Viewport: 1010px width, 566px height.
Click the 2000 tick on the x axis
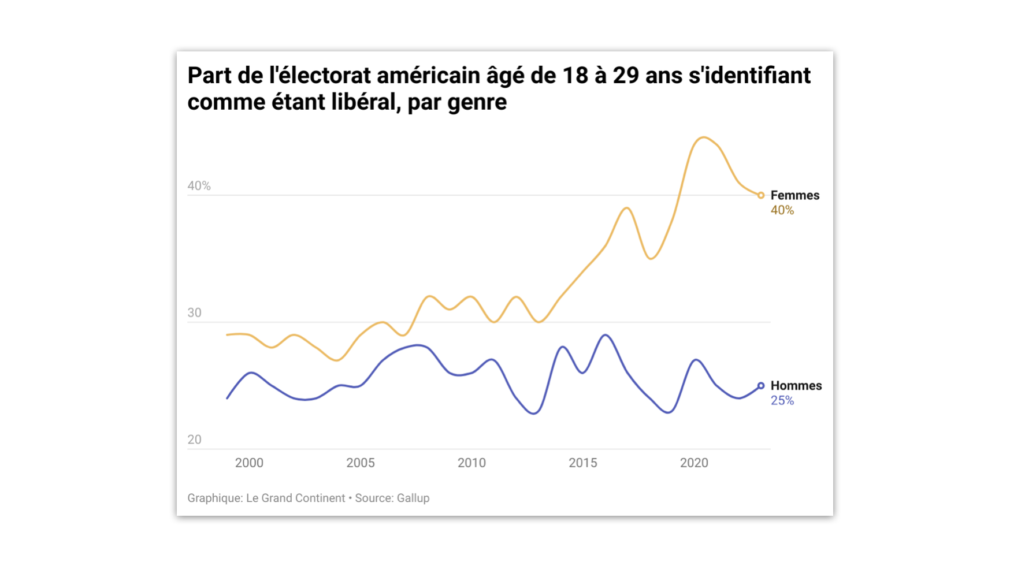(249, 463)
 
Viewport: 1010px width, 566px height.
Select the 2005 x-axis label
(360, 463)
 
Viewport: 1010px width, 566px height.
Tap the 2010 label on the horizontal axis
(471, 463)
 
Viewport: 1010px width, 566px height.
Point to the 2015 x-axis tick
(582, 463)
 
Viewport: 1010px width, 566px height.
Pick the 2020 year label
(694, 463)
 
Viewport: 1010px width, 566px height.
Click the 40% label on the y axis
(199, 186)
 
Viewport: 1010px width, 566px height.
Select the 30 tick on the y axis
(194, 313)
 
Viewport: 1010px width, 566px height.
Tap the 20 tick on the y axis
(194, 440)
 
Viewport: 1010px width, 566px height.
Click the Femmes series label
(794, 195)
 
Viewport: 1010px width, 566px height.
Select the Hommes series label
(796, 386)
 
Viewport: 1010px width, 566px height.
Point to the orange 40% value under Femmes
(782, 210)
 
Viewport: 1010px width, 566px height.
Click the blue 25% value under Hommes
(782, 401)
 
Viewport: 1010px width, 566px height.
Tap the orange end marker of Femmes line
(761, 195)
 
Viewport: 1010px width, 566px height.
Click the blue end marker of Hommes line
(761, 386)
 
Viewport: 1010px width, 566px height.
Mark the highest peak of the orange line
(703, 137)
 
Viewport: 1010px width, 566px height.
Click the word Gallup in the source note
(413, 498)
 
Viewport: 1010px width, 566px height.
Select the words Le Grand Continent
(295, 498)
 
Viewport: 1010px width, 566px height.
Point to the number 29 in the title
(626, 76)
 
